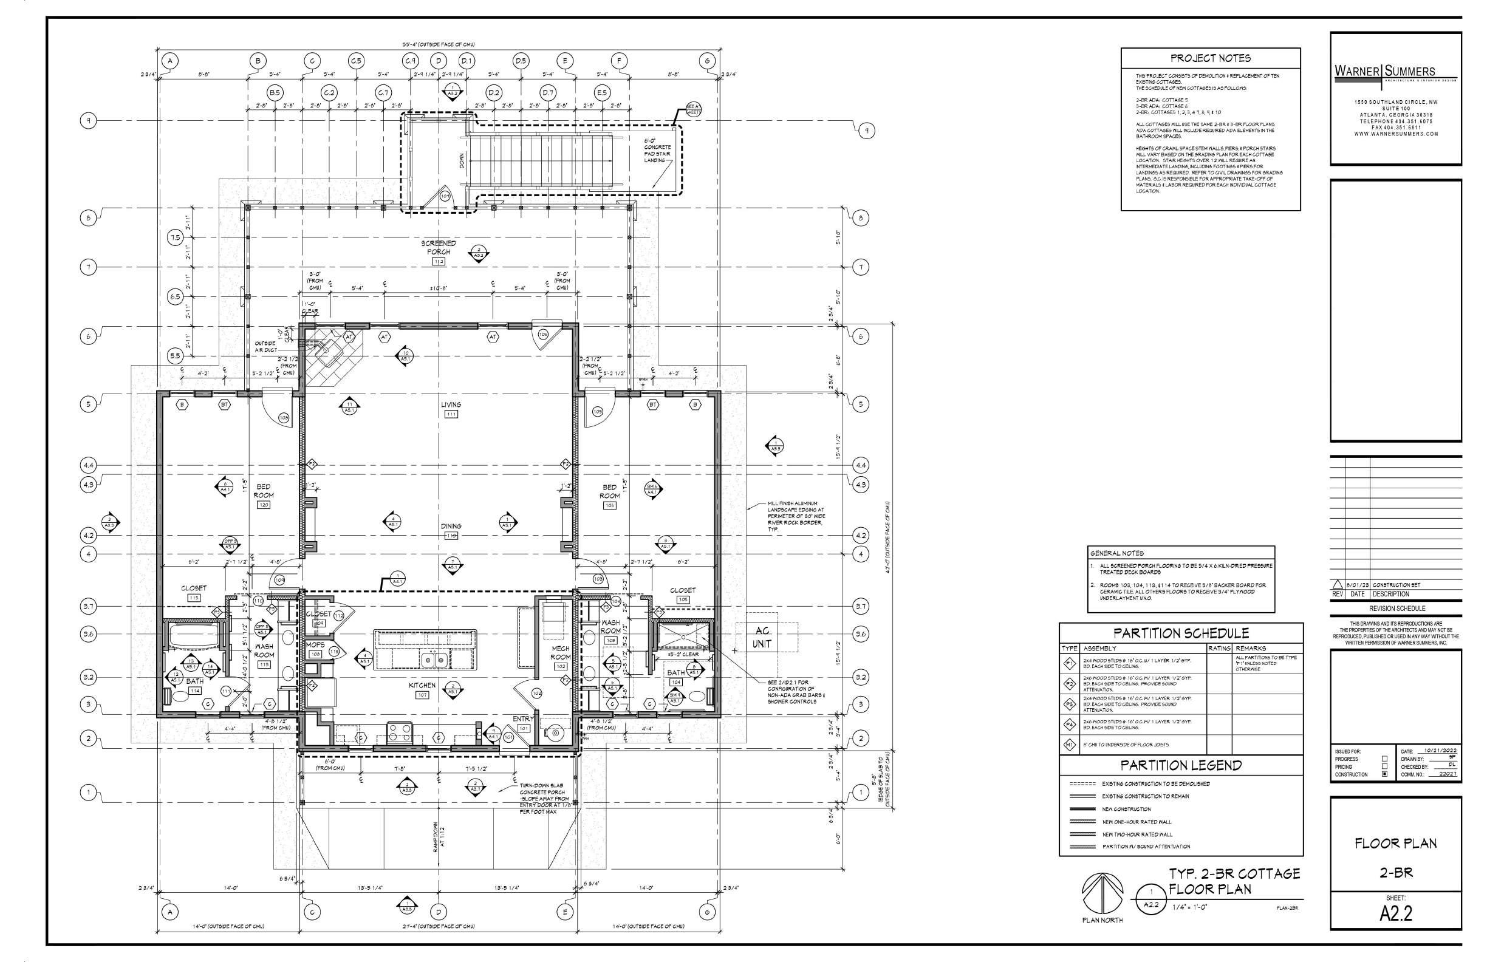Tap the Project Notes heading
pos(1210,59)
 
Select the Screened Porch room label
pos(438,247)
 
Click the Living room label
pos(451,405)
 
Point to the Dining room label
pos(451,527)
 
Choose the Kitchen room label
pos(422,685)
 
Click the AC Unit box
pos(762,639)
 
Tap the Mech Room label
pos(560,653)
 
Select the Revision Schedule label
pos(1395,609)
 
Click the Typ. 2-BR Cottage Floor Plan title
pos(1234,881)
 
